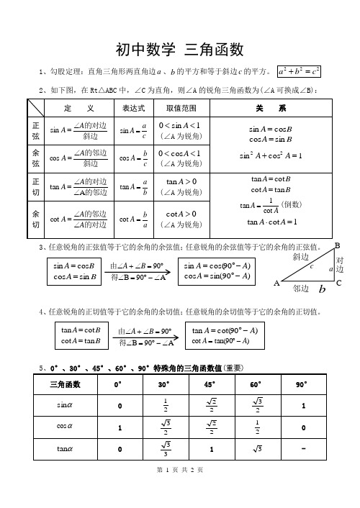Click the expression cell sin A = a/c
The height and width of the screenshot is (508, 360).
click(x=135, y=130)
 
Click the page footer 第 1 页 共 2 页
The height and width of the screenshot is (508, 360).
click(x=180, y=490)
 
